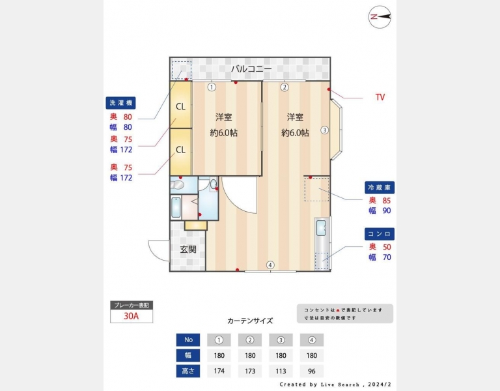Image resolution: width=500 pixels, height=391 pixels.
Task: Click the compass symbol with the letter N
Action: click(380, 17)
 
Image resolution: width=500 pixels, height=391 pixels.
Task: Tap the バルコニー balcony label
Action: click(251, 69)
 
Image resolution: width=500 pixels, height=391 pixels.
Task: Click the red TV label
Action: click(380, 97)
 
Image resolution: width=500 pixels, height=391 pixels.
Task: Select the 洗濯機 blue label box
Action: click(120, 103)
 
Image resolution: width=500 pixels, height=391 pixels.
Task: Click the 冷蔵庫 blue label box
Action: click(380, 188)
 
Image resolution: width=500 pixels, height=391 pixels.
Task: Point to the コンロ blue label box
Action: click(380, 234)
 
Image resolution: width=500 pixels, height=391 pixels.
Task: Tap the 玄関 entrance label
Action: click(188, 250)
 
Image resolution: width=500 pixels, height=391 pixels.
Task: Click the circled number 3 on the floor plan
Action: click(324, 130)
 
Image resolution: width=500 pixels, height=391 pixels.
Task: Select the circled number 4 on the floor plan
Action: click(270, 265)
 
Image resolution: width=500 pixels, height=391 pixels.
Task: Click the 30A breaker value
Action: click(132, 316)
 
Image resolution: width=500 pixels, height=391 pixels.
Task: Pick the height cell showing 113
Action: click(281, 371)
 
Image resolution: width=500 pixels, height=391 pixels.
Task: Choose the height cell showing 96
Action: click(312, 371)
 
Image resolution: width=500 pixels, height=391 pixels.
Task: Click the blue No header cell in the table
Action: click(188, 340)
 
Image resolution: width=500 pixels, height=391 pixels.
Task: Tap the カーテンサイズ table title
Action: click(250, 321)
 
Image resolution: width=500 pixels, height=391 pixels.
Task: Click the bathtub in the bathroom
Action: click(176, 207)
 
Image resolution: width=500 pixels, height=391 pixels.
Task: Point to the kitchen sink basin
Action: click(321, 228)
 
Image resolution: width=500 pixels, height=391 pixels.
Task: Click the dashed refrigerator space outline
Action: click(316, 189)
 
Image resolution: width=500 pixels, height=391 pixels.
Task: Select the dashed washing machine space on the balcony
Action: click(182, 70)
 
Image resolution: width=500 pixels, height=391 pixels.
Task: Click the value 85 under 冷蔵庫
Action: click(387, 201)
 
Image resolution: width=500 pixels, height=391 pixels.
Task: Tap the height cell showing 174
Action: click(219, 371)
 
